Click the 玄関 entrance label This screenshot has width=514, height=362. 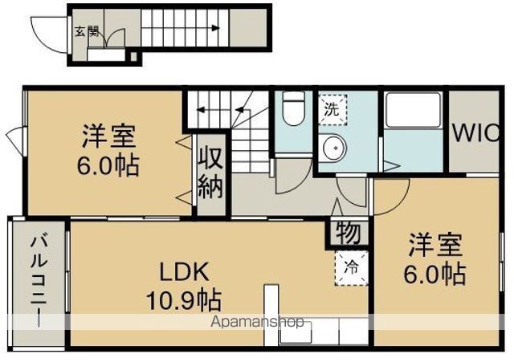click(x=87, y=31)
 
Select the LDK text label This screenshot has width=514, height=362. click(x=184, y=272)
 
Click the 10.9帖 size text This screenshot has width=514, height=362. click(x=184, y=301)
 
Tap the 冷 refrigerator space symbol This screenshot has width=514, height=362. click(x=351, y=268)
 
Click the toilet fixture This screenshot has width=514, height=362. click(x=293, y=108)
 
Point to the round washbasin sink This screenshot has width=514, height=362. click(x=334, y=148)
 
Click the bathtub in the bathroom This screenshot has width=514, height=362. click(x=413, y=110)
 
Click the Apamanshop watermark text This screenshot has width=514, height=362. click(x=257, y=322)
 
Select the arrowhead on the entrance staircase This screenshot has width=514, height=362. click(x=215, y=28)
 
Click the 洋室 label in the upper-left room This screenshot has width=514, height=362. click(x=108, y=136)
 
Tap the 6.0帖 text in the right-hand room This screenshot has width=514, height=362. click(x=434, y=274)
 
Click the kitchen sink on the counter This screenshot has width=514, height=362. click(x=296, y=332)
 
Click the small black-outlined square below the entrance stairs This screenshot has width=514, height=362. click(x=133, y=57)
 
